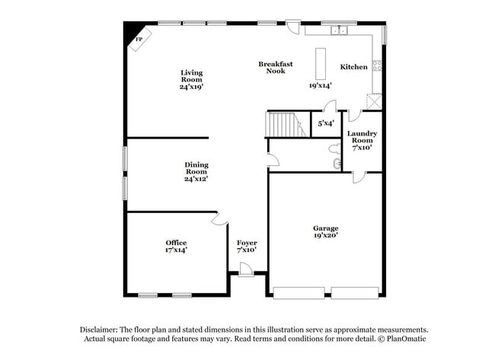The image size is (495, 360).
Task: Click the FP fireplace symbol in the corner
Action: (139, 40)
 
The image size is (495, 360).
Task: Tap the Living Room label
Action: (191, 76)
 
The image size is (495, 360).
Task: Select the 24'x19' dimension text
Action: (191, 88)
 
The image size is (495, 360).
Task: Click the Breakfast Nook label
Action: (275, 68)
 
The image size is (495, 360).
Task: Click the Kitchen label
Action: (353, 67)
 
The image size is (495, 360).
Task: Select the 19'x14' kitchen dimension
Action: (320, 86)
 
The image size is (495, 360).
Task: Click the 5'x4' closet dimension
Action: (325, 123)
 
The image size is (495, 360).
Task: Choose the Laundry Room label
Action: (361, 137)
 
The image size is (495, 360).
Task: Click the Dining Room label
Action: (196, 168)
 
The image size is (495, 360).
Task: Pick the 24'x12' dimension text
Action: (196, 180)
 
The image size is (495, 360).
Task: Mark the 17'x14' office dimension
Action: (176, 250)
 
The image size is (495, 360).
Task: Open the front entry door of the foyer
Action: (246, 269)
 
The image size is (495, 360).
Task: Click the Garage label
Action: (325, 228)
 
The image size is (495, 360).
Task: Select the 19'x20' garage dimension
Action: (325, 235)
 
